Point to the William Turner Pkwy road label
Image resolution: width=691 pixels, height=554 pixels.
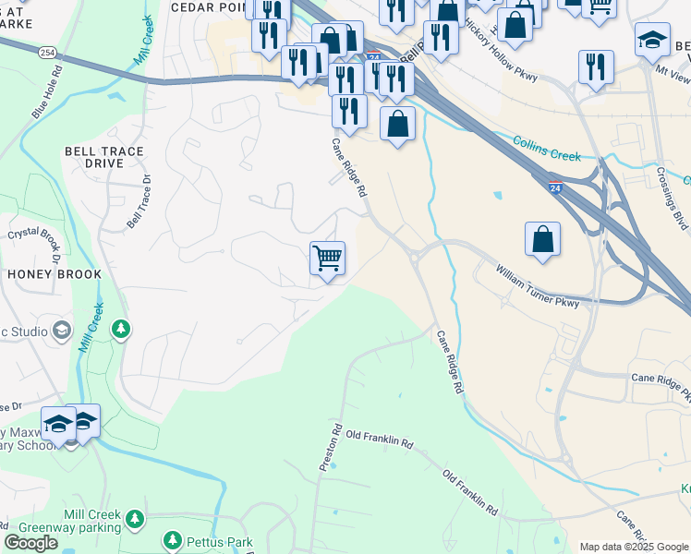(x=537, y=287)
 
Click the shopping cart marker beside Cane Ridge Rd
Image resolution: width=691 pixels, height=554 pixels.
(x=327, y=258)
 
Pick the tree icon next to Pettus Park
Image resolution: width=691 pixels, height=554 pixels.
(x=172, y=540)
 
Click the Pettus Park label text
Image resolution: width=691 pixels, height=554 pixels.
(x=212, y=540)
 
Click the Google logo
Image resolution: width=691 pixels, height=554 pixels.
(x=31, y=543)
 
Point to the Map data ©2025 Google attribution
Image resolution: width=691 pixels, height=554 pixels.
(x=633, y=547)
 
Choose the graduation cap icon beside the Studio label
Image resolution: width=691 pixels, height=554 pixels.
(x=61, y=330)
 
